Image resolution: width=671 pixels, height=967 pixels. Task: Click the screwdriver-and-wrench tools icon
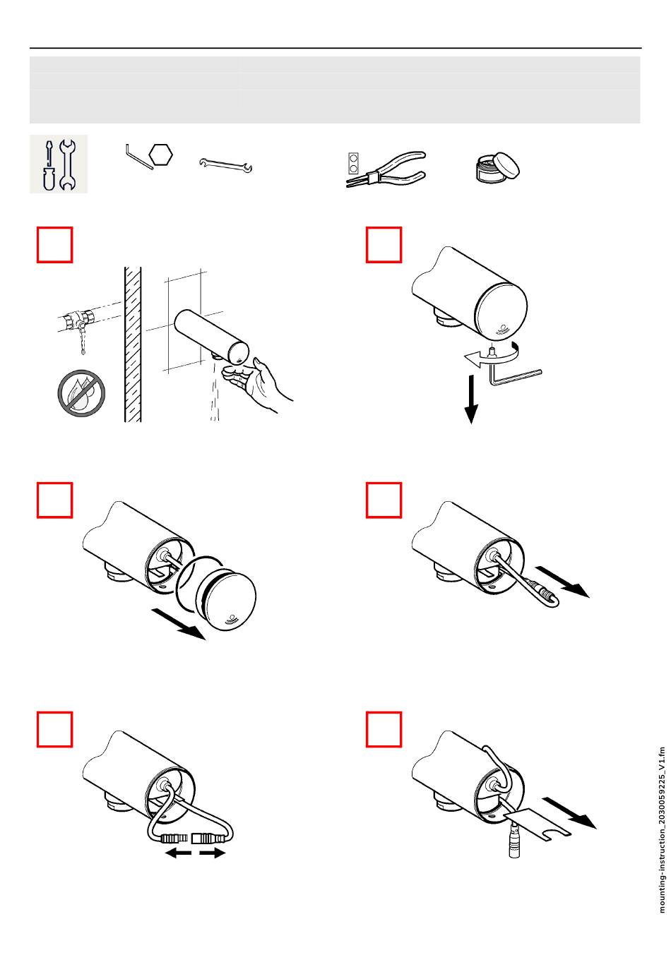[58, 164]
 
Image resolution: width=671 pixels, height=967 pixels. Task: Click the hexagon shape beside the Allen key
[162, 154]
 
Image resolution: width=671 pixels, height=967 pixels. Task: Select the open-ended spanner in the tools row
[226, 165]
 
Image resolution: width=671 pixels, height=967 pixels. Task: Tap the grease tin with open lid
[494, 167]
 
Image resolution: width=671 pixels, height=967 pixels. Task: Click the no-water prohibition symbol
[82, 392]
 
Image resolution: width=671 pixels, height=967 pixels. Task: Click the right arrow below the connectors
[213, 853]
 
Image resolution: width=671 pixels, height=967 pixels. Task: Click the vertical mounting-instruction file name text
[662, 830]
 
